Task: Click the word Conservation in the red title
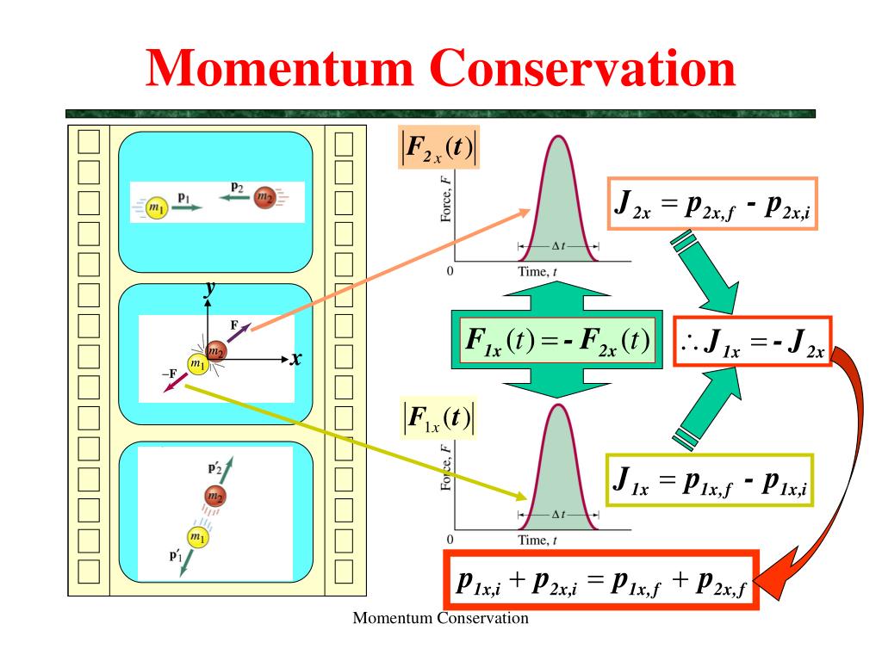585,69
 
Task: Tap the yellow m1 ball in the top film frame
156,207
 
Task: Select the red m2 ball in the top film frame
264,200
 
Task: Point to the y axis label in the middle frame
208,290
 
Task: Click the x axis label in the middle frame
296,358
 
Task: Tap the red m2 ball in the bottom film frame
214,496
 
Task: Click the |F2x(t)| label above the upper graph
439,148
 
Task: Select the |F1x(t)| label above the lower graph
439,419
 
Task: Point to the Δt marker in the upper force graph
557,246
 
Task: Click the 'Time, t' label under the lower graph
537,541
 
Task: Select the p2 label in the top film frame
238,186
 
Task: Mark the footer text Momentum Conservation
441,618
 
